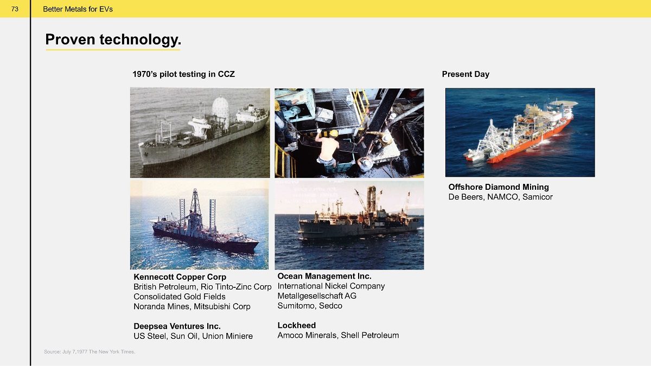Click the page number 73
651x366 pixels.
(x=15, y=9)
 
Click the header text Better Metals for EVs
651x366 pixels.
(x=78, y=9)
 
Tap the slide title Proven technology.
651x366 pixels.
(x=113, y=40)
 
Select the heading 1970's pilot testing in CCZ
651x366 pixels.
(x=183, y=74)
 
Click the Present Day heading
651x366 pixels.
(x=465, y=74)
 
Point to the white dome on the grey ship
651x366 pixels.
(x=221, y=109)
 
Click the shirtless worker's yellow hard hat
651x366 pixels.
(x=334, y=133)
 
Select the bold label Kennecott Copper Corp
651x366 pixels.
(x=180, y=277)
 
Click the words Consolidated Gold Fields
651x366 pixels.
(x=180, y=297)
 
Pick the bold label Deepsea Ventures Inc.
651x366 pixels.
(x=177, y=326)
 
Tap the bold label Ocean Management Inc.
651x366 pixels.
(x=324, y=276)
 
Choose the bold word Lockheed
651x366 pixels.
(x=296, y=325)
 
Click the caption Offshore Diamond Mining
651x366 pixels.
(x=499, y=187)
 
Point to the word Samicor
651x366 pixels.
(x=538, y=197)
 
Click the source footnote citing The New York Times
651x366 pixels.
(x=90, y=352)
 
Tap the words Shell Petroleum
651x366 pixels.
(x=369, y=335)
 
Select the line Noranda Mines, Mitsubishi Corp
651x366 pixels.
(x=192, y=306)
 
